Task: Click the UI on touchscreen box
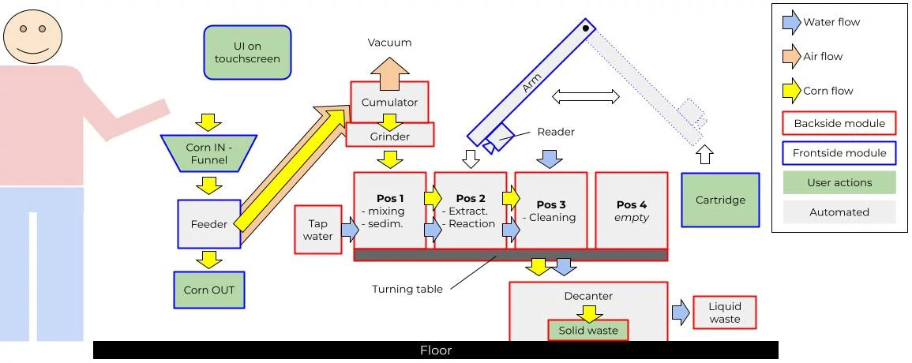pyautogui.click(x=247, y=52)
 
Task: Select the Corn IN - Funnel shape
pyautogui.click(x=208, y=153)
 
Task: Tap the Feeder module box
pyautogui.click(x=208, y=224)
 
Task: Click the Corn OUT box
pyautogui.click(x=208, y=290)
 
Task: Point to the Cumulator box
pyautogui.click(x=389, y=102)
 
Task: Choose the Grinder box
pyautogui.click(x=390, y=135)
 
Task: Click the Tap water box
pyautogui.click(x=317, y=230)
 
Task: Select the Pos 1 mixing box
pyautogui.click(x=390, y=210)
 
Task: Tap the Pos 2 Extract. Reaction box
pyautogui.click(x=471, y=210)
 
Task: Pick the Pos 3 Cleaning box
pyautogui.click(x=551, y=210)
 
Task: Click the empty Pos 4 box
pyautogui.click(x=631, y=210)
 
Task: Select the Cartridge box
pyautogui.click(x=720, y=200)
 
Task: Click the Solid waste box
pyautogui.click(x=588, y=331)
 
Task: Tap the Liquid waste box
pyautogui.click(x=724, y=312)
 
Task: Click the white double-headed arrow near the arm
pyautogui.click(x=586, y=96)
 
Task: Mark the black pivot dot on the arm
pyautogui.click(x=586, y=28)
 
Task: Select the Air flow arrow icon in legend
pyautogui.click(x=791, y=57)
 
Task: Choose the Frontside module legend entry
pyautogui.click(x=839, y=152)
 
